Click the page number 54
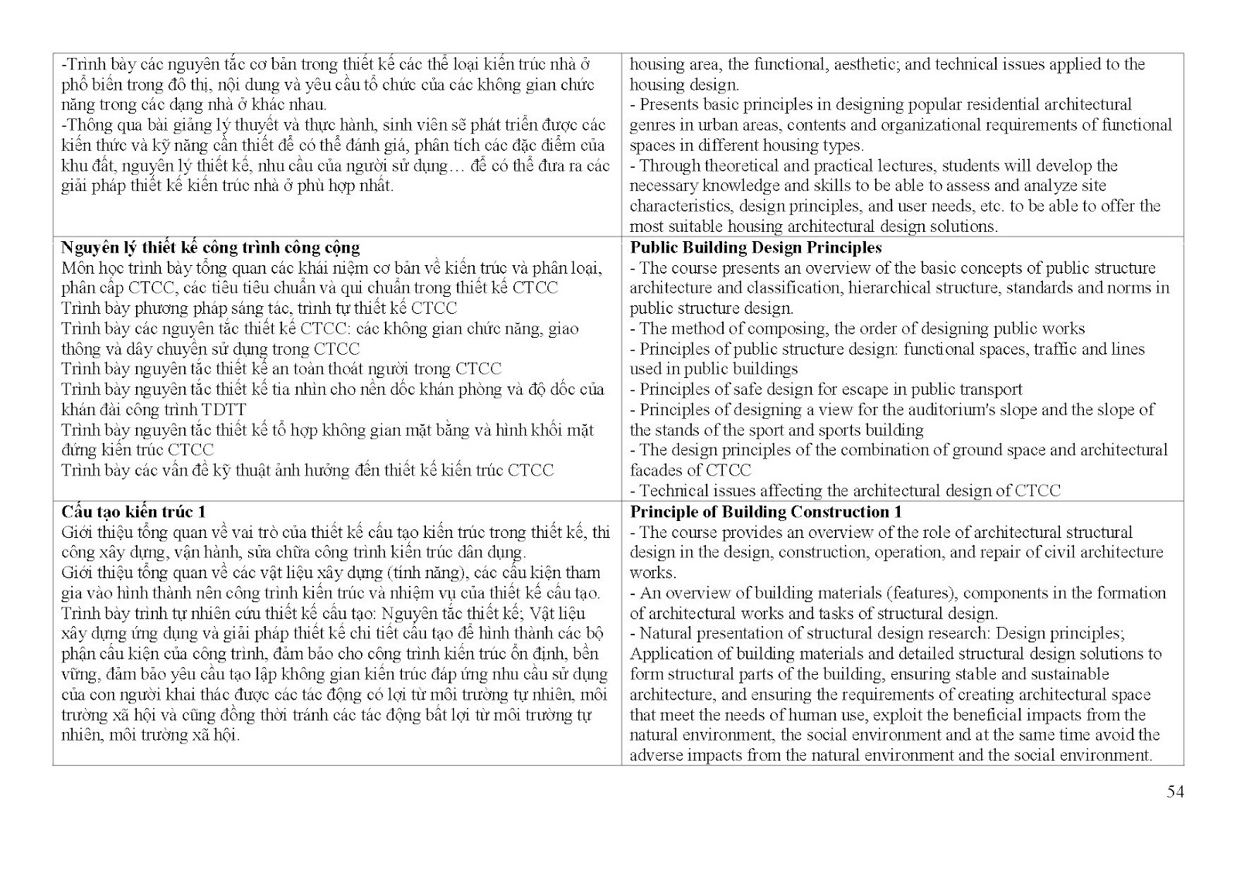click(1175, 791)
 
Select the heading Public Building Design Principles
click(755, 247)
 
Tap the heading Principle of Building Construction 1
click(765, 512)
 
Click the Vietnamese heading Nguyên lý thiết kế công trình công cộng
click(210, 247)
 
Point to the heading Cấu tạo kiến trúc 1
click(133, 512)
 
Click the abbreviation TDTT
click(224, 410)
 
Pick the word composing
click(782, 329)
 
